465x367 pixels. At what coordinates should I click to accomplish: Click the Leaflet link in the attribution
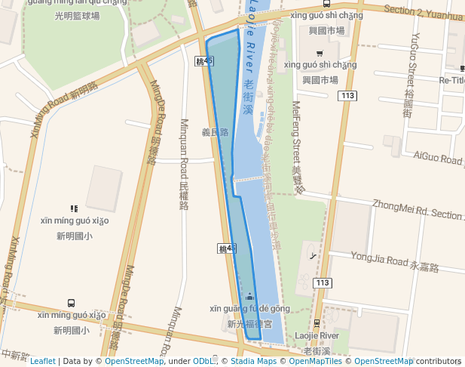pos(42,361)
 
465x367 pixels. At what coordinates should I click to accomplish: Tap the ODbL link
pos(203,361)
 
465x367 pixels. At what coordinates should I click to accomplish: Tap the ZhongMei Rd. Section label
pos(418,209)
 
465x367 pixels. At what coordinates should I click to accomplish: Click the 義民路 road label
pos(215,132)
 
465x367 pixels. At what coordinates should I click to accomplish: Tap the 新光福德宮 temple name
pos(249,324)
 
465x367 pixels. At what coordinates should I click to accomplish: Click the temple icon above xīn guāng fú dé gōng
pos(249,295)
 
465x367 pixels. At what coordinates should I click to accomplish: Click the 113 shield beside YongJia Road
pos(323,282)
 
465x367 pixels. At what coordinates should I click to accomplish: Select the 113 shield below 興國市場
pos(347,95)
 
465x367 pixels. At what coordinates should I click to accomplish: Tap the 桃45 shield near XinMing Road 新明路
pos(203,60)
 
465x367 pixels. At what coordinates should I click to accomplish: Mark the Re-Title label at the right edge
pos(452,80)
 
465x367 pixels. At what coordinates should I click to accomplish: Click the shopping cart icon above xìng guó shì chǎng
pos(320,53)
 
